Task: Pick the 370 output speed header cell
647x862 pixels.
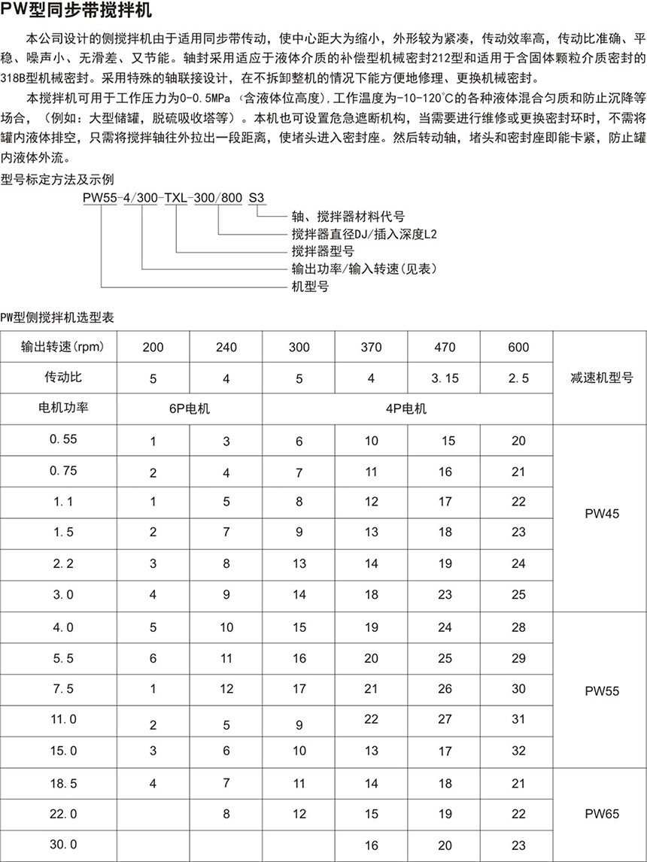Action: point(371,348)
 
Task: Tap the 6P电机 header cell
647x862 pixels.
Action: point(190,409)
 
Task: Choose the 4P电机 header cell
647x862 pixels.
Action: point(407,409)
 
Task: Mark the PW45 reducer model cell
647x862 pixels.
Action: point(601,517)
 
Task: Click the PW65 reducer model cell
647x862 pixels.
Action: point(601,813)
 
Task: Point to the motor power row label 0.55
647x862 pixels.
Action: point(63,439)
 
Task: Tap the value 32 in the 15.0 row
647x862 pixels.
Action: point(518,751)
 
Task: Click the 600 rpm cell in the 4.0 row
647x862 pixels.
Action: point(518,627)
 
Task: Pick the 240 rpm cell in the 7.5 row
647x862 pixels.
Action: point(226,688)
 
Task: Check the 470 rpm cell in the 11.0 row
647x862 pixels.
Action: point(445,718)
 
